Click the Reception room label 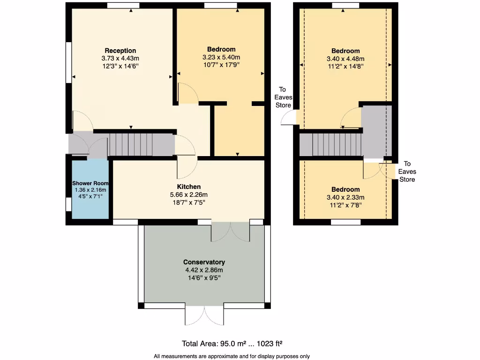tap(120, 51)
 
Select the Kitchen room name tap(188, 187)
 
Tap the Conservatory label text tap(204, 262)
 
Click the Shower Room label tap(90, 183)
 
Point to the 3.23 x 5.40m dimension tap(221, 57)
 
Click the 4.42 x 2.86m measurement tap(204, 270)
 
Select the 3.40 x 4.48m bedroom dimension tap(345, 59)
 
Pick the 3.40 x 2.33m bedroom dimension tap(345, 197)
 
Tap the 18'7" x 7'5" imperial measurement tap(188, 202)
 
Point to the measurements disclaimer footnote tap(232, 356)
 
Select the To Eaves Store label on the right tap(407, 172)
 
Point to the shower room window tap(68, 205)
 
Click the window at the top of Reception tap(123, 5)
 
